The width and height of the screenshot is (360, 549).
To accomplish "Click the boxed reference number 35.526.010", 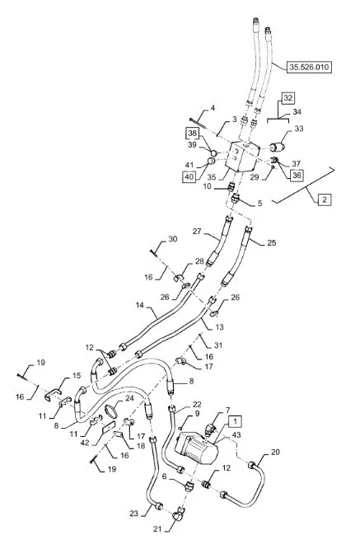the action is (x=309, y=67).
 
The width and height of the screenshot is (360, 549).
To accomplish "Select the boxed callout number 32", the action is (x=288, y=98).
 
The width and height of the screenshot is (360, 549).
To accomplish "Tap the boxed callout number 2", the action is (x=325, y=200).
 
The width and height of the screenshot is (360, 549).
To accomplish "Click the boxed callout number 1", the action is (x=236, y=421).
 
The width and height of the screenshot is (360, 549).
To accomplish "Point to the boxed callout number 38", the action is (x=193, y=134).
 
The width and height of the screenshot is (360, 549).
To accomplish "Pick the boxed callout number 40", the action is (x=189, y=176).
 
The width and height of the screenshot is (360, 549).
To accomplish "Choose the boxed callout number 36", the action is (x=297, y=175).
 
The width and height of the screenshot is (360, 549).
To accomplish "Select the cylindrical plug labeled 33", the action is (x=278, y=147).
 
